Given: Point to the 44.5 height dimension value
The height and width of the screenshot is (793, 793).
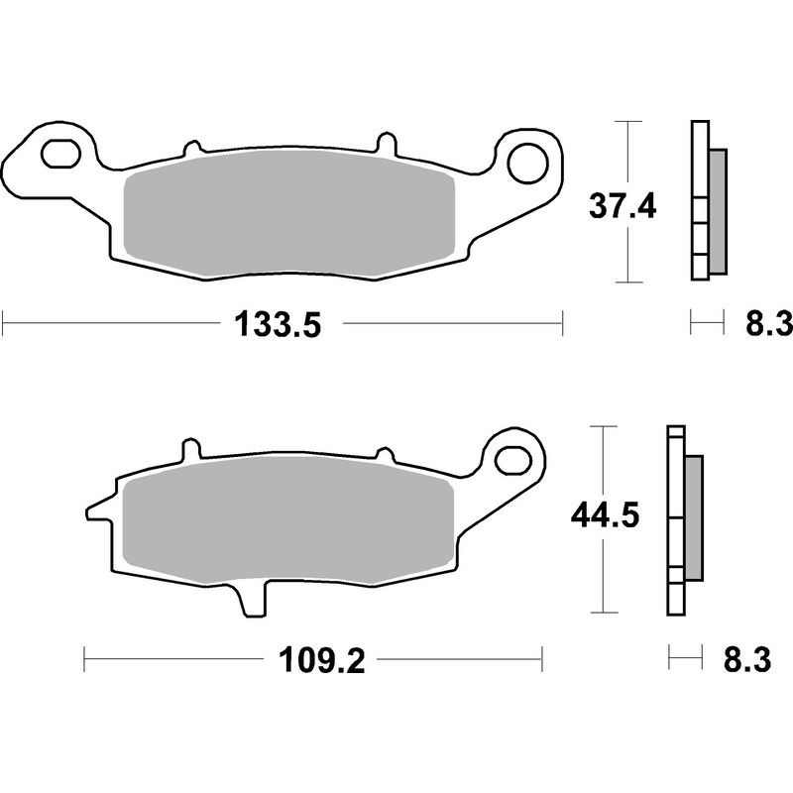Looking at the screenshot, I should (x=601, y=515).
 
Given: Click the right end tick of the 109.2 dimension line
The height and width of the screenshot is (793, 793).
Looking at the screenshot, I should (x=542, y=656).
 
